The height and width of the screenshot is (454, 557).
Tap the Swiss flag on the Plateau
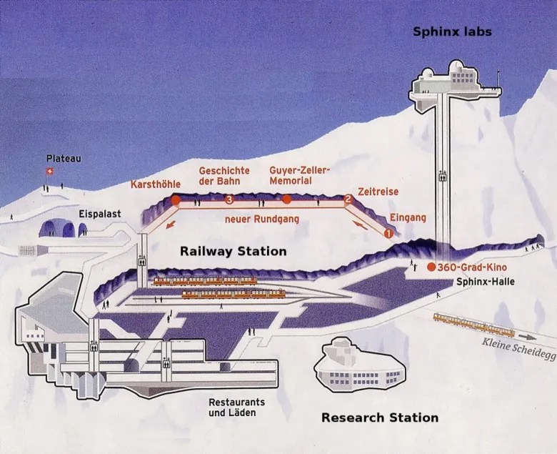click(49, 171)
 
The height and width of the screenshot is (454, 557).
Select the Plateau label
click(63, 158)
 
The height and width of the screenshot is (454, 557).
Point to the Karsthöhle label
click(155, 184)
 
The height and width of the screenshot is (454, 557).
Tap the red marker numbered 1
click(388, 232)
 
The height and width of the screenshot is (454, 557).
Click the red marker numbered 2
click(348, 199)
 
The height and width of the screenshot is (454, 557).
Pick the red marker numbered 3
click(229, 199)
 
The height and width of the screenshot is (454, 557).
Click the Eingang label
click(407, 217)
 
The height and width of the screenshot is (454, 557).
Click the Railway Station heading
click(233, 251)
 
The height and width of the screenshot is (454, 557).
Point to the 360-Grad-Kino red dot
click(431, 267)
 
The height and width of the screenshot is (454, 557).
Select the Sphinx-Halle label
click(485, 282)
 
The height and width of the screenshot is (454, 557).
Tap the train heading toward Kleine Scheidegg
click(472, 325)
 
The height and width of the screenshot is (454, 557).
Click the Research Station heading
click(379, 418)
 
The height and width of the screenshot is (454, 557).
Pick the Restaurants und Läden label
click(234, 407)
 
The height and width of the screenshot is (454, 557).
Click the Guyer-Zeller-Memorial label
click(300, 176)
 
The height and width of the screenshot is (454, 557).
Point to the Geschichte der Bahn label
click(224, 176)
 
